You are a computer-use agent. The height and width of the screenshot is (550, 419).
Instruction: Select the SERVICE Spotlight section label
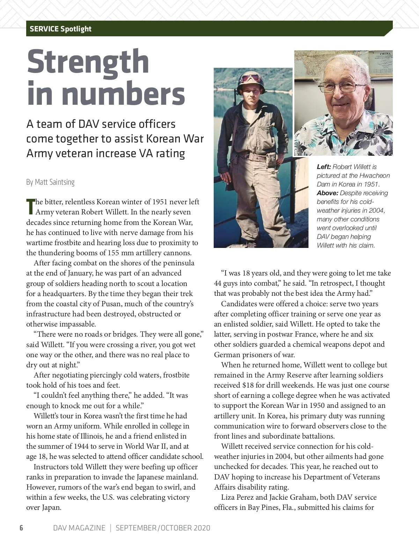[x=60, y=29]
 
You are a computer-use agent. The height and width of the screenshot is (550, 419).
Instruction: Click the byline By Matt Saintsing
[x=50, y=182]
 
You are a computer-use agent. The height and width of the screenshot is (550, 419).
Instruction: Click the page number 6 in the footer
[x=21, y=528]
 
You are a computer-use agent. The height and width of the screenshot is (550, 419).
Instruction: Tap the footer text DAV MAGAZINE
[x=79, y=528]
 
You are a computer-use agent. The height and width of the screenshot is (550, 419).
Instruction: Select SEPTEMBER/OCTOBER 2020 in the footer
[x=163, y=528]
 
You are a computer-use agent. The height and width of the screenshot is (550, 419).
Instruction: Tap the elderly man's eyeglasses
[x=338, y=86]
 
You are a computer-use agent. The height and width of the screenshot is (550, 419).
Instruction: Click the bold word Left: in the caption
[x=324, y=167]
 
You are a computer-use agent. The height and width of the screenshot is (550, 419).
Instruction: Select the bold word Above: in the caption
[x=327, y=193]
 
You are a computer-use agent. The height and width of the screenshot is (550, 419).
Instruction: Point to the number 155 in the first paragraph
[x=114, y=253]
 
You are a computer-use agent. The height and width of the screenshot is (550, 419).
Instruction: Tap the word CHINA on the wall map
[x=385, y=53]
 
